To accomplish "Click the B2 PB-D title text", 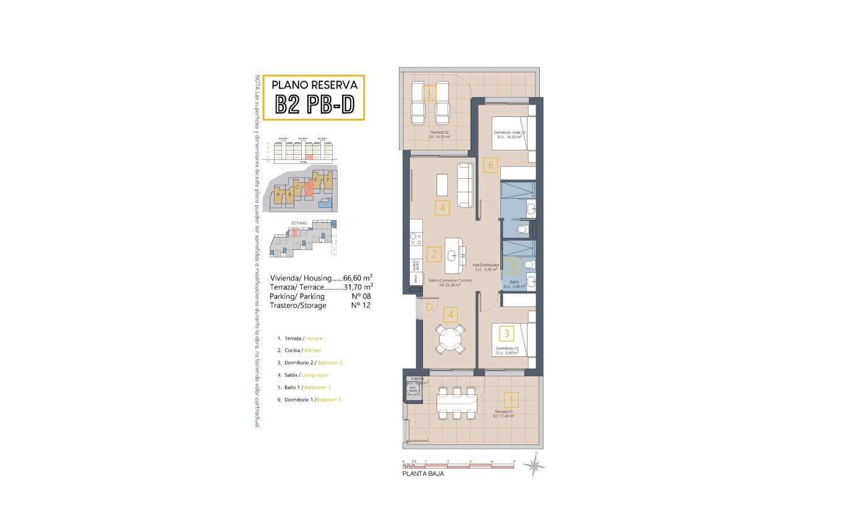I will click(x=314, y=105).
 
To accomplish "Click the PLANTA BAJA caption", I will click(x=423, y=474).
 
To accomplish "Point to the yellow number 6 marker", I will click(x=491, y=165).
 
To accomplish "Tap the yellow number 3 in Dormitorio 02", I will click(x=507, y=333).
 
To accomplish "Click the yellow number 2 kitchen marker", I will click(x=435, y=254).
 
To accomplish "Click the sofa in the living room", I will click(x=466, y=185).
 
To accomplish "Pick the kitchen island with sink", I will click(x=456, y=256).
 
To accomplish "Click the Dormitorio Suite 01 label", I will click(x=510, y=133).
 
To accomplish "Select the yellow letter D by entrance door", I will click(x=427, y=306).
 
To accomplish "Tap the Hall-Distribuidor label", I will click(x=487, y=265).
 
